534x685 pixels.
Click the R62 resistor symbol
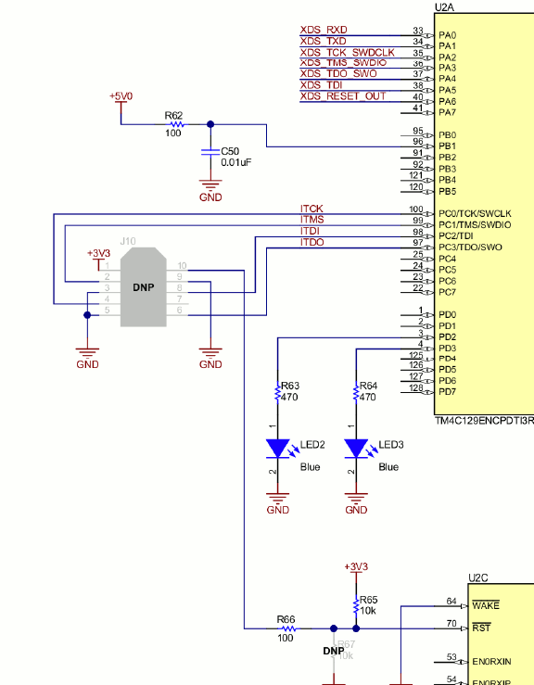pos(174,124)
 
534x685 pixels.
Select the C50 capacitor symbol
pos(210,154)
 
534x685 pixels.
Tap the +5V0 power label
pos(121,96)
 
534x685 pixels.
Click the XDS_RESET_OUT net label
pos(342,96)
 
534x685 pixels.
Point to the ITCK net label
pos(311,209)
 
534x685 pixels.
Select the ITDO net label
pos(312,242)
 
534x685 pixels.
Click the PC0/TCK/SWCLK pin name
pos(474,213)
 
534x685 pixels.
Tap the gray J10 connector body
pos(144,286)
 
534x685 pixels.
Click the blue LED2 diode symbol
pos(277,449)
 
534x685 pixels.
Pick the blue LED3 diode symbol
pos(356,449)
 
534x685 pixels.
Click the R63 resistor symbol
pos(277,393)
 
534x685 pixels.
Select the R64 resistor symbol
pos(356,393)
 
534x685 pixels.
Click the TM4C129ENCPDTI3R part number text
pos(484,421)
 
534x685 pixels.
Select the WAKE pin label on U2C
pos(485,605)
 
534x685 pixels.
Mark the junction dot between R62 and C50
pos(210,124)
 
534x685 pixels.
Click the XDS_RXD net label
pos(324,30)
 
